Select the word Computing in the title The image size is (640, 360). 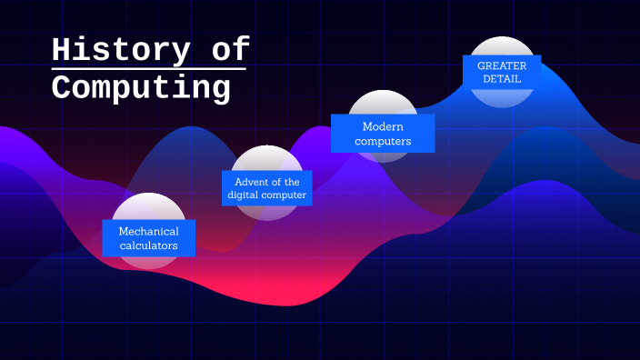click(141, 88)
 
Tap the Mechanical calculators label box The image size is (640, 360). click(148, 238)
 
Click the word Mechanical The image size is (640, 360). click(148, 231)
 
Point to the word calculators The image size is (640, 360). click(148, 245)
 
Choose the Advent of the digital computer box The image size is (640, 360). click(267, 188)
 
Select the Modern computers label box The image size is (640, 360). click(383, 134)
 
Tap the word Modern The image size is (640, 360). click(383, 126)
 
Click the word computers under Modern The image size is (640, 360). click(383, 141)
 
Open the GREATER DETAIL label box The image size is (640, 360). click(502, 72)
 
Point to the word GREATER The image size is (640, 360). click(502, 65)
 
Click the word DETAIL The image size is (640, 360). click(502, 79)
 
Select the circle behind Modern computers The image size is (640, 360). click(383, 102)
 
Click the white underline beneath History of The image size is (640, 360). click(149, 68)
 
